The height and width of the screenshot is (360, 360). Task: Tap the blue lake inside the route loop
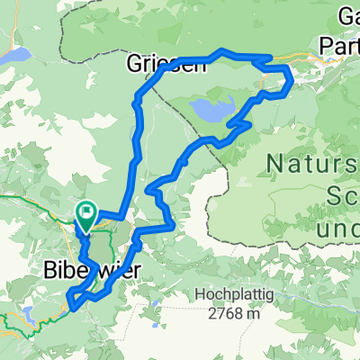(208, 111)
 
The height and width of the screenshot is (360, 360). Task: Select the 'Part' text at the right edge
(342, 43)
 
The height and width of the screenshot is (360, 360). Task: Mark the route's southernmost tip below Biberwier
(72, 306)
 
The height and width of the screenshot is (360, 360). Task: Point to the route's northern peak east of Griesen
(223, 51)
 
